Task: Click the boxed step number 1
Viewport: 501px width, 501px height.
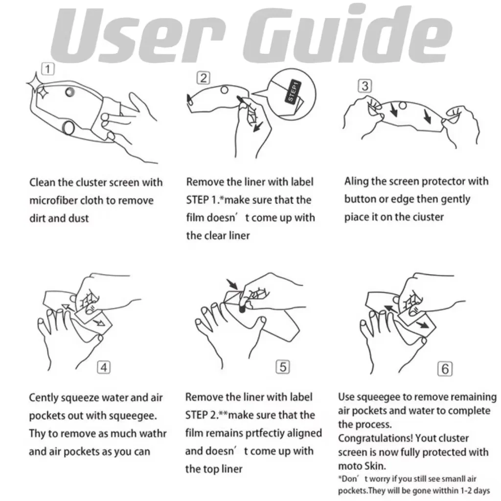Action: (x=48, y=69)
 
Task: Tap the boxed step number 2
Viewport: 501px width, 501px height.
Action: (x=203, y=78)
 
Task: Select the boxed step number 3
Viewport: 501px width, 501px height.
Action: (x=365, y=86)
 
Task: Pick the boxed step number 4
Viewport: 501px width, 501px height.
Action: (x=104, y=367)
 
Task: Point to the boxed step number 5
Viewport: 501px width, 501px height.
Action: (x=283, y=367)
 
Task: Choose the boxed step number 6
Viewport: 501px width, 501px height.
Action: (x=445, y=369)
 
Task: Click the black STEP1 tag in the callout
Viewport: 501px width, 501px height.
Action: (x=293, y=91)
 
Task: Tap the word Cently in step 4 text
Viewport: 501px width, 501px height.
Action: (x=43, y=398)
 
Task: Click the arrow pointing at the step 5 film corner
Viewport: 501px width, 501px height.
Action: (x=232, y=284)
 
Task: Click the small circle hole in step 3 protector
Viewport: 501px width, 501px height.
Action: (x=403, y=106)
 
